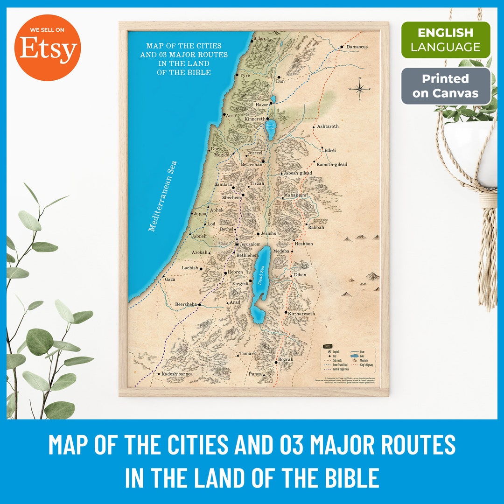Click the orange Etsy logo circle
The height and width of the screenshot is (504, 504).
point(47,48)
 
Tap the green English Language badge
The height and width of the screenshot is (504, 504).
point(446,40)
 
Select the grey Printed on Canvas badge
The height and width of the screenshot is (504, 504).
point(446,86)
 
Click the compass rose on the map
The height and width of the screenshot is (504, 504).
point(359,89)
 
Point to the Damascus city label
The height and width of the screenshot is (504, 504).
point(357,47)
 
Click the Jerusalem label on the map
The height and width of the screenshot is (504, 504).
point(250,244)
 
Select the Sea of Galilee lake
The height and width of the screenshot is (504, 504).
point(271,127)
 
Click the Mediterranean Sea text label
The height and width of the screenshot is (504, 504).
point(162,196)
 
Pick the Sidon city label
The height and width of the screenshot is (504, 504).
point(259,39)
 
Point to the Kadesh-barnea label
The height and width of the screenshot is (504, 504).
point(177,374)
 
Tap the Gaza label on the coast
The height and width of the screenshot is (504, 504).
point(170,279)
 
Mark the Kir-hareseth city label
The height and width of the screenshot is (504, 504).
point(302,314)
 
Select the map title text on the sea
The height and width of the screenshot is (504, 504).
point(184,59)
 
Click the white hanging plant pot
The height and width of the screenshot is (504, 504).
point(471,149)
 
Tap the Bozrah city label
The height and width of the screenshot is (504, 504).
point(286,360)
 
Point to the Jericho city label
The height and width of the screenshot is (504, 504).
point(268,233)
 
